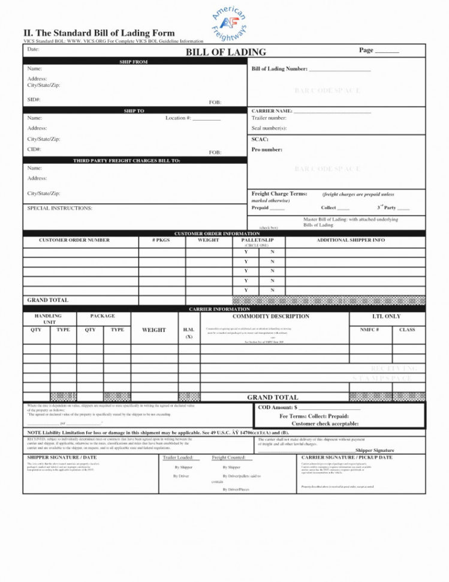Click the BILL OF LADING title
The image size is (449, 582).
(x=225, y=52)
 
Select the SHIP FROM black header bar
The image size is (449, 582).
(x=135, y=62)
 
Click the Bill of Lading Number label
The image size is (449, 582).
(x=279, y=69)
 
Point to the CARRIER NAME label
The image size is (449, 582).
(x=272, y=111)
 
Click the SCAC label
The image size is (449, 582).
(x=260, y=139)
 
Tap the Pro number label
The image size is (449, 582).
(x=267, y=149)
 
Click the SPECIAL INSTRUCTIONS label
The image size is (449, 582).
(x=59, y=208)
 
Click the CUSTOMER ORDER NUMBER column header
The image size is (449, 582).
(x=74, y=240)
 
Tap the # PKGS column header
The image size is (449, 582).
(x=162, y=240)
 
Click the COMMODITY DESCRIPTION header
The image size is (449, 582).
(x=271, y=316)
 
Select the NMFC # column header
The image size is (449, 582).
(x=369, y=329)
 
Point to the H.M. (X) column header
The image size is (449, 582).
(x=189, y=333)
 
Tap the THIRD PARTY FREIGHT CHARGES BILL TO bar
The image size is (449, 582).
(x=135, y=161)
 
